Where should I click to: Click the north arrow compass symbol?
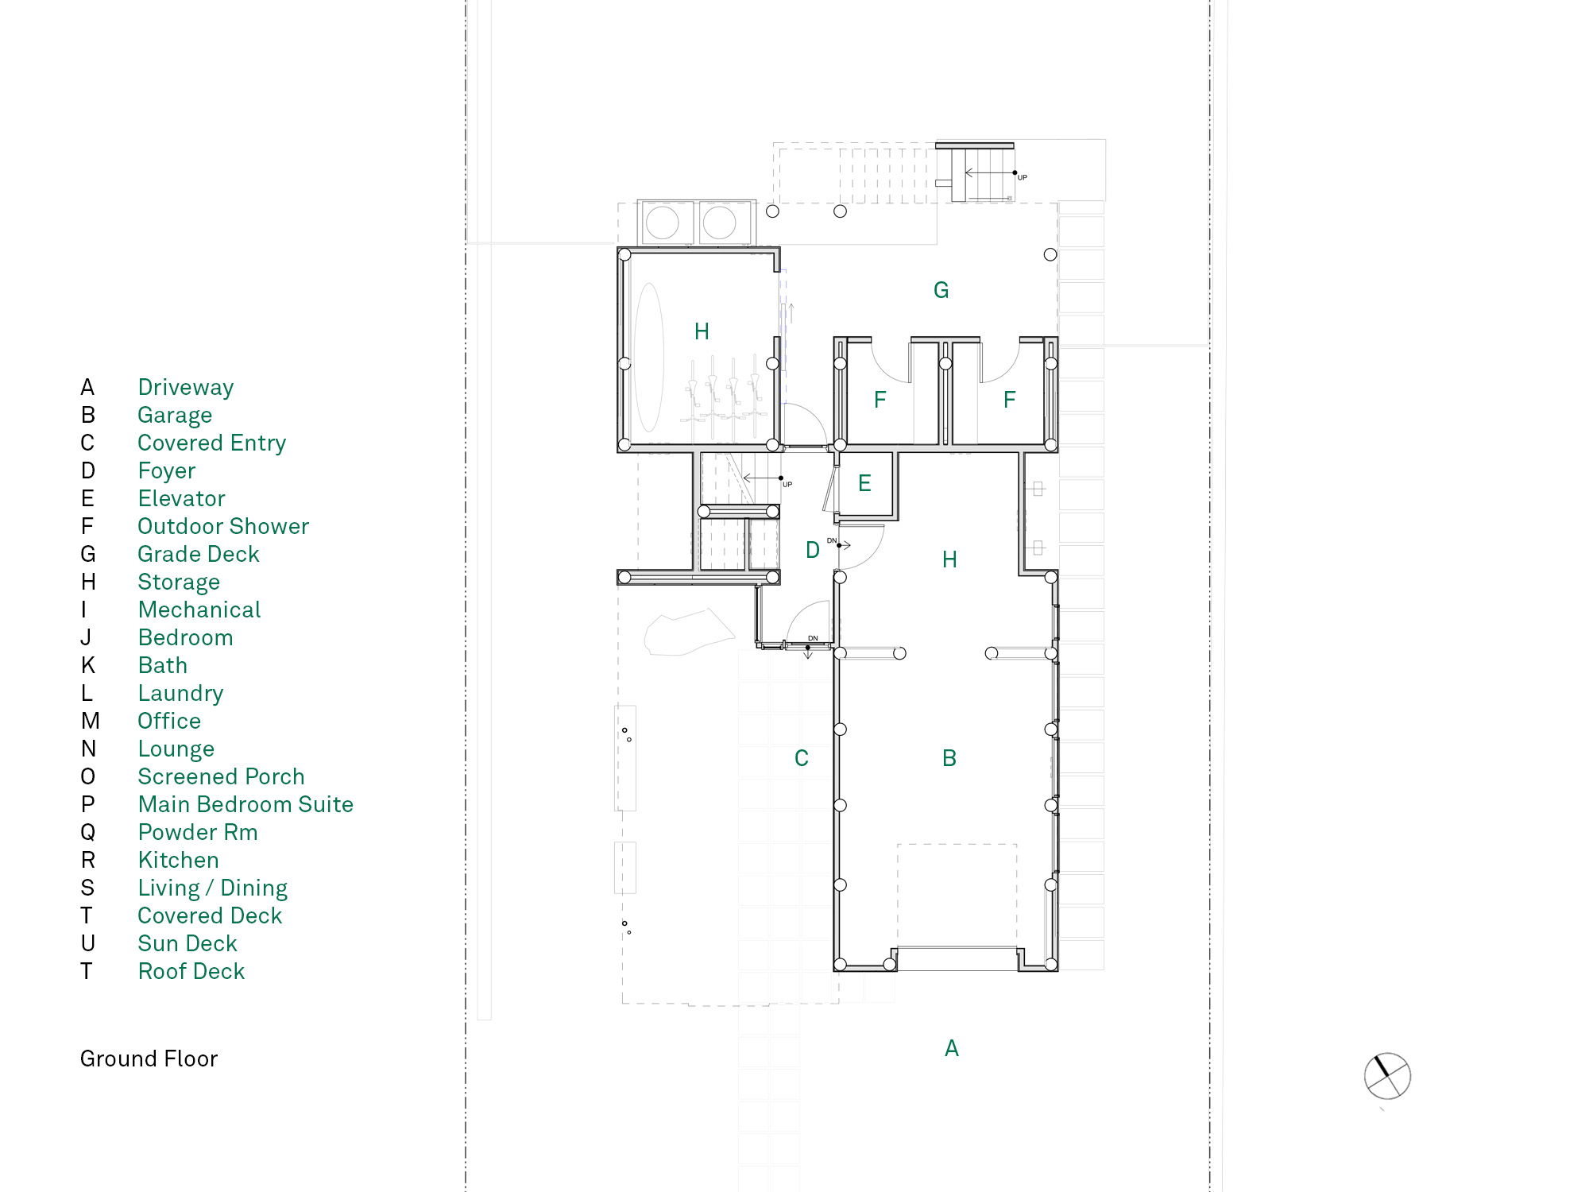[1387, 1076]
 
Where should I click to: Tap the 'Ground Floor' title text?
[149, 1058]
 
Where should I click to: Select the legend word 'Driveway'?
[186, 387]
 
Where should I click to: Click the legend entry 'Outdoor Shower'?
[223, 526]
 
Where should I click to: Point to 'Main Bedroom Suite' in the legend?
[246, 804]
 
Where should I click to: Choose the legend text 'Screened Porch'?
[221, 776]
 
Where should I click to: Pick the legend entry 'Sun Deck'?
[188, 943]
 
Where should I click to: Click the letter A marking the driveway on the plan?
[952, 1048]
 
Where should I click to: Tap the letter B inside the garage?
[949, 758]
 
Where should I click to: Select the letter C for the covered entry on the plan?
[802, 758]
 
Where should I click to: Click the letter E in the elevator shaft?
[865, 483]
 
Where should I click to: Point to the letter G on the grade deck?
[941, 290]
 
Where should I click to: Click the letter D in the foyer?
[813, 550]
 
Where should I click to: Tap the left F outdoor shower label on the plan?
[880, 400]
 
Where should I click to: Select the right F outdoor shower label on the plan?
[1010, 400]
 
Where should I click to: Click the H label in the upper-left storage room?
[702, 331]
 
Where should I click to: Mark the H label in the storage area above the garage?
[949, 559]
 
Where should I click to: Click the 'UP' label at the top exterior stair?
[1023, 177]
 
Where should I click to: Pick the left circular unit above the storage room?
[663, 223]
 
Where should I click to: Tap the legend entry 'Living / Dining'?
[213, 888]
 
